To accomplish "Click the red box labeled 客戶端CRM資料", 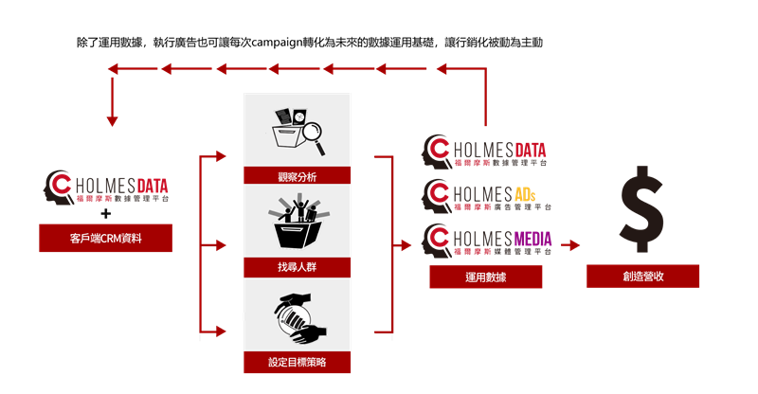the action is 105,238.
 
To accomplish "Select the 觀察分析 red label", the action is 297,175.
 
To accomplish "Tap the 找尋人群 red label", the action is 297,267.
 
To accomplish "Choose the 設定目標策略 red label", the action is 297,362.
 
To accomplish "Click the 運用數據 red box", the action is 485,277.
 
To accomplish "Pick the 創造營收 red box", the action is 642,276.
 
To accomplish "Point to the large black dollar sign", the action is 642,209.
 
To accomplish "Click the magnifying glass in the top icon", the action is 313,136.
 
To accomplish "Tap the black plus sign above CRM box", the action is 106,213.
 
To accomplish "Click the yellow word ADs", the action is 525,194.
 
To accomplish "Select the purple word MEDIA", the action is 532,239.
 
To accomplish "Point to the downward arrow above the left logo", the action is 112,102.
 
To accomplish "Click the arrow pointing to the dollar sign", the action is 570,245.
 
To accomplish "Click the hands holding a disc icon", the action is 299,318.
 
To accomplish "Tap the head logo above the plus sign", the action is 59,187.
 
